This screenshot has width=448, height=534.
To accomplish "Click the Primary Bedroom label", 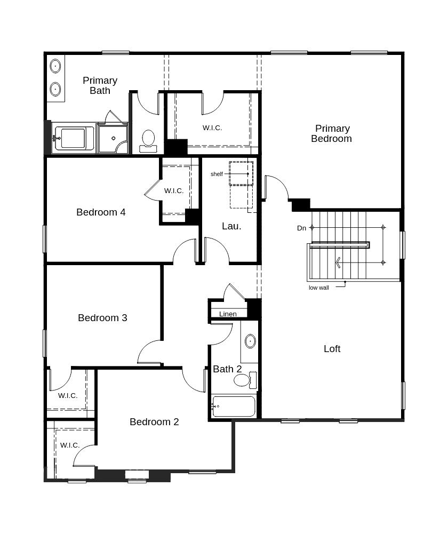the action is pos(332,133).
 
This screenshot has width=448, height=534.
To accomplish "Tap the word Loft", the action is pos(332,349).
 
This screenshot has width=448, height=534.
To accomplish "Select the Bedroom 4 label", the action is pos(101,212).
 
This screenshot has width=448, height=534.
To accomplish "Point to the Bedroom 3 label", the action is pos(102,318).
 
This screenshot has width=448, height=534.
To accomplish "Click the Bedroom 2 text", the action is pos(154,422).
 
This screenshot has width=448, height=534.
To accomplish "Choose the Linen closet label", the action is pos(228,314).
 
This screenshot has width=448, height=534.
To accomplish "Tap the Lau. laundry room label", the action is pos(231,226).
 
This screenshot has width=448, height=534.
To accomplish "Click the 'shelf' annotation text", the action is pos(217,174).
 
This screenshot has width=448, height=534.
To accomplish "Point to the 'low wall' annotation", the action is pos(318,288).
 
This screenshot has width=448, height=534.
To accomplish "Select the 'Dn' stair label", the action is pos(302,228).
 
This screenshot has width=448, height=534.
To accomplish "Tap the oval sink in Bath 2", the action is pos(250,341).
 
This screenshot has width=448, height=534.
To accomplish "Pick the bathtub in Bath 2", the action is pos(234,407).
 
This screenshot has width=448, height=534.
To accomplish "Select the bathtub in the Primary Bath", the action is pos(73,138).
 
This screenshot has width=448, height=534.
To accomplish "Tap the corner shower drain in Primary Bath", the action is pos(114,138).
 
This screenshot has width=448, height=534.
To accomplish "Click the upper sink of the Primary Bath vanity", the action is pos(55,66).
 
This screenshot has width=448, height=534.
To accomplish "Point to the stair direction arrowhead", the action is pos(338,262).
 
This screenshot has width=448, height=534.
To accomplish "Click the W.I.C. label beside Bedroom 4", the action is pos(174,191).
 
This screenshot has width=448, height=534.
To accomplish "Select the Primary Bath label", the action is pos(100,85).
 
